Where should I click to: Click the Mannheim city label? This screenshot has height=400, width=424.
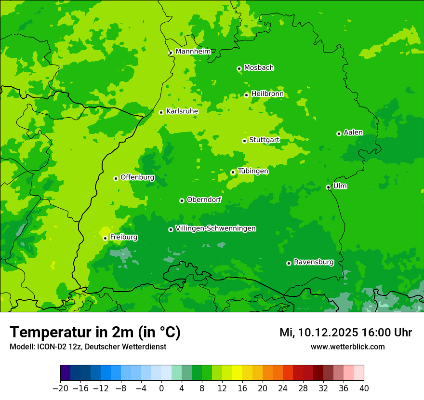193,52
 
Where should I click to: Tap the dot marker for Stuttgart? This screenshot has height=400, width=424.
244,141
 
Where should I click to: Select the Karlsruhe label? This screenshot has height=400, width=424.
182,111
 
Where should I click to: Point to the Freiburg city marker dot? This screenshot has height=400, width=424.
105,238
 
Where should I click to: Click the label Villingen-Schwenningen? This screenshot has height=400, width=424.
215,228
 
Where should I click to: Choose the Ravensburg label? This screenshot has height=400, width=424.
314,262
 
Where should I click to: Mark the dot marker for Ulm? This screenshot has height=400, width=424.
328,187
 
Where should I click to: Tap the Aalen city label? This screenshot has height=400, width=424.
353,133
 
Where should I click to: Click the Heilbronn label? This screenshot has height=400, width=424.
267,94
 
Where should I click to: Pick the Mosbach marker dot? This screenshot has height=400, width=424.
239,68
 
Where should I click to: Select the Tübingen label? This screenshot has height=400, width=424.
253,171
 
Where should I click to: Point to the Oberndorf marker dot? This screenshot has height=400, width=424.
182,200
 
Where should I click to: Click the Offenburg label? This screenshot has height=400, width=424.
137,177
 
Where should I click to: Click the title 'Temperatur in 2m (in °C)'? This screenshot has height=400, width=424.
95,333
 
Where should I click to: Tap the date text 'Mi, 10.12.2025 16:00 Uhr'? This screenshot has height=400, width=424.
345,333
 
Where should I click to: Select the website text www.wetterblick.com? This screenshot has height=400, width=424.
347,347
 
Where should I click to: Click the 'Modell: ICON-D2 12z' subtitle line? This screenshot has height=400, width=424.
88,347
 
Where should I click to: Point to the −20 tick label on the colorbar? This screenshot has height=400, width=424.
60,388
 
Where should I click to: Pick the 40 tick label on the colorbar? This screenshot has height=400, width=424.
364,388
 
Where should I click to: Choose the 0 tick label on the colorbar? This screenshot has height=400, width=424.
161,388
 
